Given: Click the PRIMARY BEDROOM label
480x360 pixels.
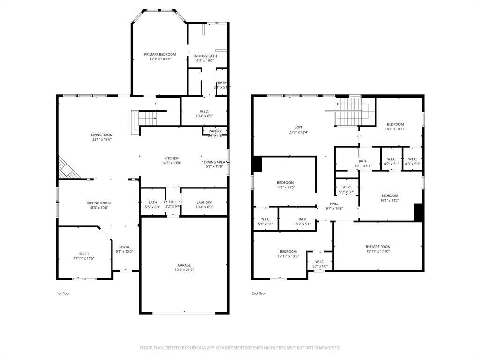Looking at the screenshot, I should coord(160,54).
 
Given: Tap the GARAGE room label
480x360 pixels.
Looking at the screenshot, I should coord(184,265).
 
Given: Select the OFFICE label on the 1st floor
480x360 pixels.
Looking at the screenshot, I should coord(84,254).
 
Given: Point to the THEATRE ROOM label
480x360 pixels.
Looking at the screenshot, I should coord(378,247).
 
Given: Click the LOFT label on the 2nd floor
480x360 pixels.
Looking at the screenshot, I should coord(299,127).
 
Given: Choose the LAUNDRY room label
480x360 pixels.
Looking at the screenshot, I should coord(204,202).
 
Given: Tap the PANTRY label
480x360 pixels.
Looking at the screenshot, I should coord(215,131).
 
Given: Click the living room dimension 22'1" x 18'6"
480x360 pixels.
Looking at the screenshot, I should coord(102,139).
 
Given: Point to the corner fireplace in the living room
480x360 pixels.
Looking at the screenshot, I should coord(67,169).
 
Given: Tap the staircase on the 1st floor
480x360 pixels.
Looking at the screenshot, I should coord(146,117).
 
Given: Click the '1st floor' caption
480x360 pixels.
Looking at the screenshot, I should coord(63,293).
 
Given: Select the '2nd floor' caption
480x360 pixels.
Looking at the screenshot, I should coord(259,293).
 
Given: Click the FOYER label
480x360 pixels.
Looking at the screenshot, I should coord(124,247).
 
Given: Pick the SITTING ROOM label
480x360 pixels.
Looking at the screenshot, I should coord(99,203).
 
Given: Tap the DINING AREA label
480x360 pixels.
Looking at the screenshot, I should coord(214,162).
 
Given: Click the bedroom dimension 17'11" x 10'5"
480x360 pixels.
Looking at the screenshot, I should coord(288,256).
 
